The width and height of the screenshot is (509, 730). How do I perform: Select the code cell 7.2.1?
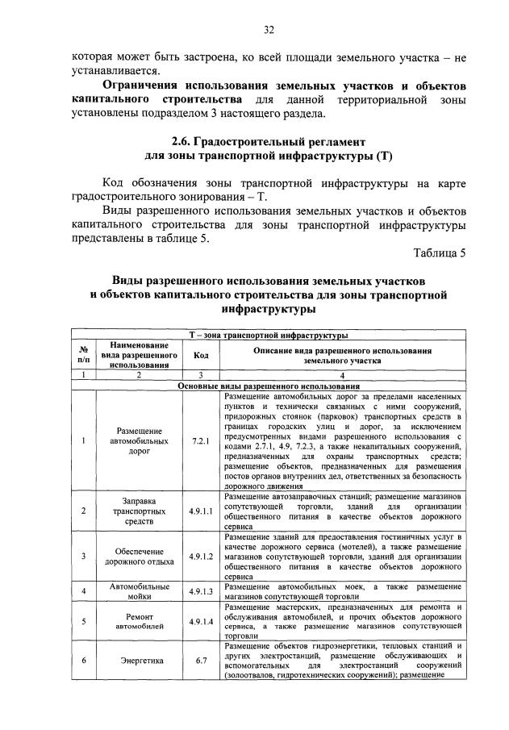click(x=200, y=441)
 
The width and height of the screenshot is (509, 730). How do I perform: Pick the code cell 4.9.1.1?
click(x=200, y=511)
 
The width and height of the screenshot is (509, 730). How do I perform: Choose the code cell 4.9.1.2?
click(x=200, y=556)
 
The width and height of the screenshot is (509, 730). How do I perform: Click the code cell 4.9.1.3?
click(x=200, y=590)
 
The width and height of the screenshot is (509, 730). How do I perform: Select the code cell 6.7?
click(x=200, y=661)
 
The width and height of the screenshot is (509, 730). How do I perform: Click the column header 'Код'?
click(x=200, y=356)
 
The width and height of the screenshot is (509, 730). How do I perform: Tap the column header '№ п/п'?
click(x=83, y=356)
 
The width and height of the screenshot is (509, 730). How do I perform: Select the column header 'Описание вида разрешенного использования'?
click(x=342, y=351)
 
